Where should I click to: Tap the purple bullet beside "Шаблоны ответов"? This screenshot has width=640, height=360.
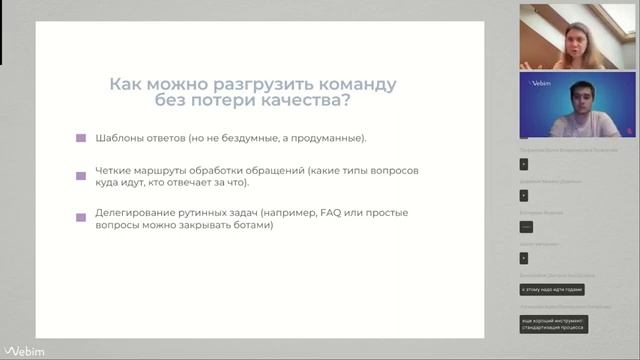(81, 138)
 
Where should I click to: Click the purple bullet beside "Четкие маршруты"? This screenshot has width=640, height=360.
(81, 175)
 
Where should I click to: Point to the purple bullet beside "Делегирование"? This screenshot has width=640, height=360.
(81, 215)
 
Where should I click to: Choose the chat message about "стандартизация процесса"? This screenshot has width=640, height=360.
(553, 323)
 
